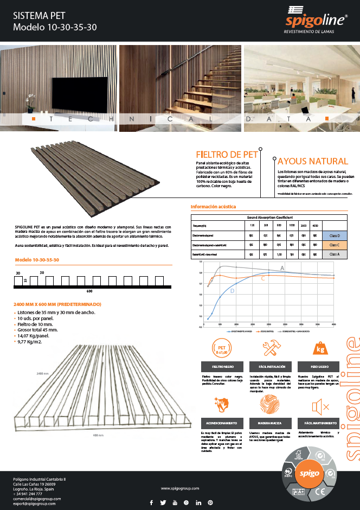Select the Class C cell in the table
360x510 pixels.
[335, 245]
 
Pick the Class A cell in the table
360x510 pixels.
[335, 254]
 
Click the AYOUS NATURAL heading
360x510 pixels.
[312, 161]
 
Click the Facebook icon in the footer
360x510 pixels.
[151, 502]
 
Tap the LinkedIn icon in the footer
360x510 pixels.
[198, 502]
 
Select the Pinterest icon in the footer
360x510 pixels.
[210, 502]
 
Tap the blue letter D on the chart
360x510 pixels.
[233, 291]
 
